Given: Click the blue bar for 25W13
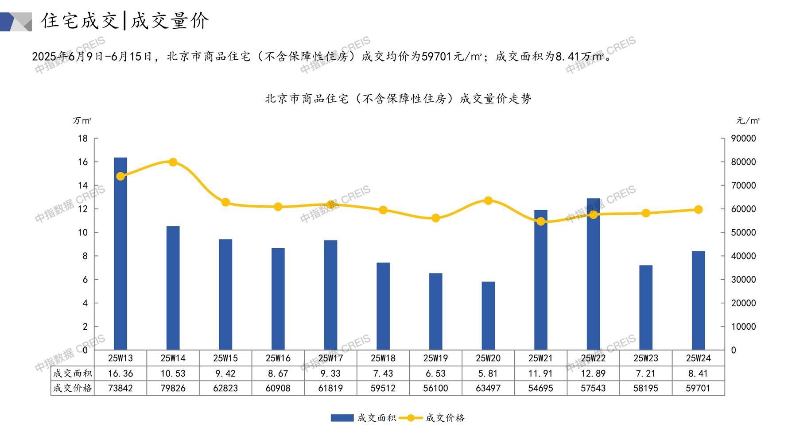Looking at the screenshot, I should coord(120,254).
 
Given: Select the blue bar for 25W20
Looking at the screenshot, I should coord(488,316).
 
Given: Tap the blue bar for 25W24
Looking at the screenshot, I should coord(698,301).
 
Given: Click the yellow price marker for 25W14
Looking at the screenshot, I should coord(173,162).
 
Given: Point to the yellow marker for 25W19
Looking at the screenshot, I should coord(436,218).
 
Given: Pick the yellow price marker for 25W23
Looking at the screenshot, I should coord(646,213).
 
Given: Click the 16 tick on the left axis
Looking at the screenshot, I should coord(83,162).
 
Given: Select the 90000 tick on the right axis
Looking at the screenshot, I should coord(743,139).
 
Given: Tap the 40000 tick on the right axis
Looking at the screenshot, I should coord(743,256).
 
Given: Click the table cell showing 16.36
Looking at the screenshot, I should coord(120,374).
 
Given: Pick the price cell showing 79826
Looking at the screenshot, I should coord(173,388).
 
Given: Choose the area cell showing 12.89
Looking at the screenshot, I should coord(593,374).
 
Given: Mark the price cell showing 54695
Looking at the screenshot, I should coord(540,388).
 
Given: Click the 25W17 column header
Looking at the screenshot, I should coord(330,358).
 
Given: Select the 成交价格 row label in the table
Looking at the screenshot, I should coord(73,388).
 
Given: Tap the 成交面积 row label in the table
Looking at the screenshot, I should coord(73,374).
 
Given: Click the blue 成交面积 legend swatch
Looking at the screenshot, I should coord(342,418).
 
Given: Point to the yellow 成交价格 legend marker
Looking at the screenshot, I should coord(411,418).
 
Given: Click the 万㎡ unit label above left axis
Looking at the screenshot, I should coord(82,120).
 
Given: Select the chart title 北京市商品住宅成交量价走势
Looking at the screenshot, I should coord(398,99).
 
